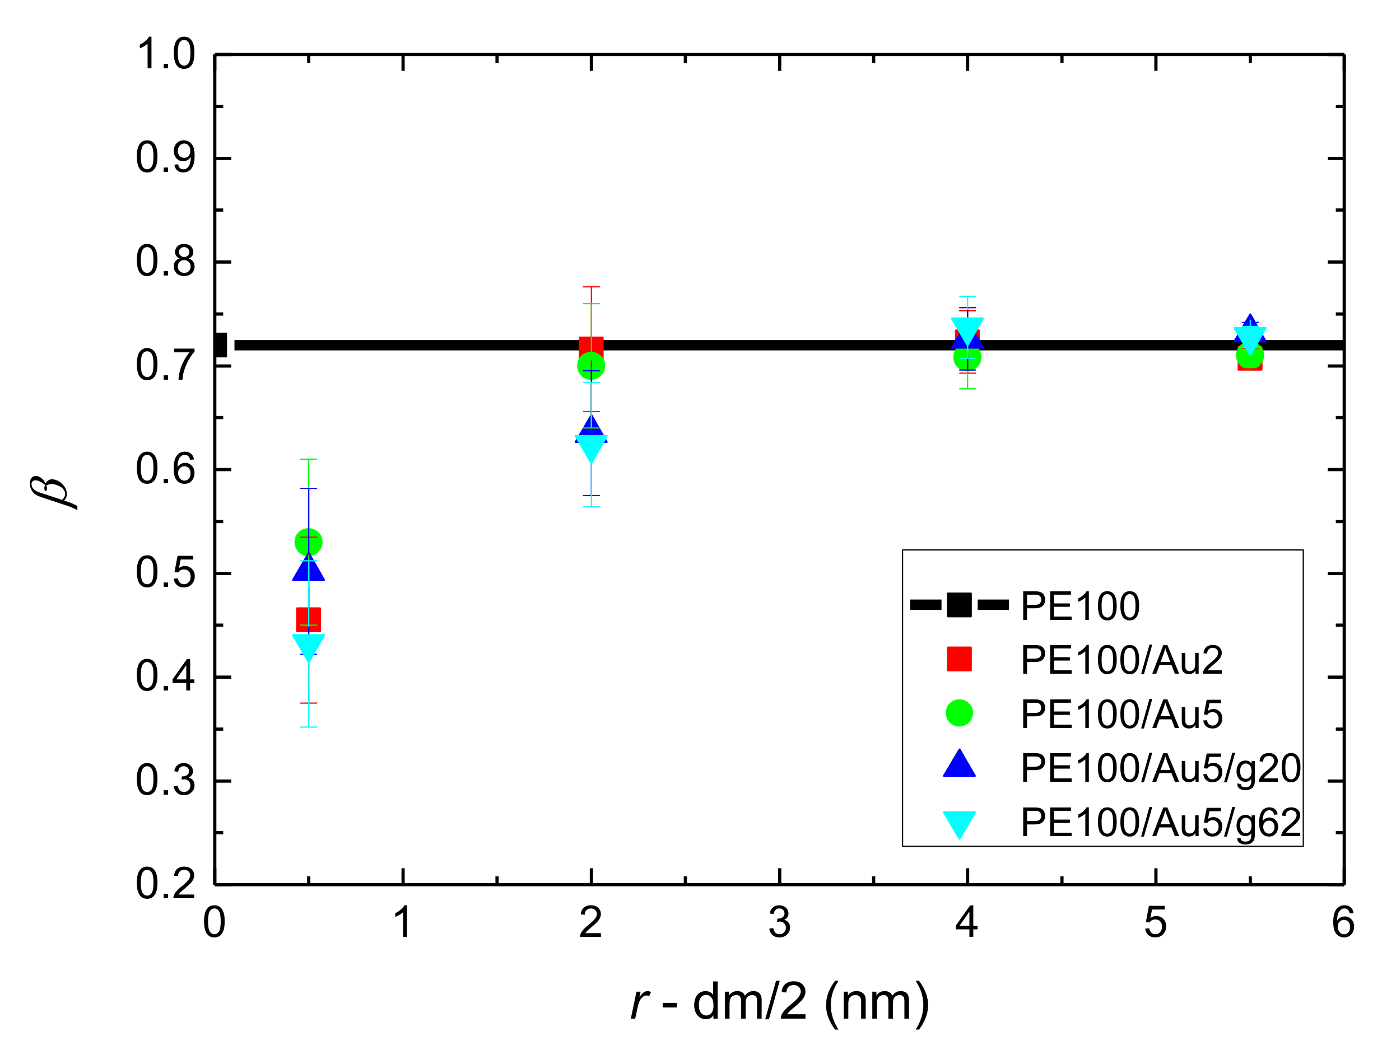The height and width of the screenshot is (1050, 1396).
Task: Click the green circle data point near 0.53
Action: click(x=309, y=542)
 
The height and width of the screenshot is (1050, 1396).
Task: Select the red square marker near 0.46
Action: click(x=309, y=620)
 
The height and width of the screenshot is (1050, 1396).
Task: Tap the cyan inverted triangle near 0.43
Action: click(x=309, y=646)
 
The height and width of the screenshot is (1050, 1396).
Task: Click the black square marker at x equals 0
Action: click(x=220, y=345)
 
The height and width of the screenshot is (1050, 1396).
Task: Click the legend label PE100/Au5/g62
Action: click(x=1161, y=823)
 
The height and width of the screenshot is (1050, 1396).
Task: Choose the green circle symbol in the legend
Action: click(x=959, y=713)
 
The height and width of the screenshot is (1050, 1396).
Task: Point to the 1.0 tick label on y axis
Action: click(x=165, y=54)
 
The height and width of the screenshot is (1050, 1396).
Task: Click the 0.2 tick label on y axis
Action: click(x=165, y=884)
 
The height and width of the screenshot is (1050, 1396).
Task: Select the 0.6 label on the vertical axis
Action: click(x=165, y=469)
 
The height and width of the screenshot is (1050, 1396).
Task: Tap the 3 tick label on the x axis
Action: click(x=779, y=922)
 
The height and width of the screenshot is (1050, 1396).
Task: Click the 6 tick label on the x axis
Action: click(x=1343, y=922)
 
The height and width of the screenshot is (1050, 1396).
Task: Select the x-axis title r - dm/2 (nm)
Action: click(x=779, y=1002)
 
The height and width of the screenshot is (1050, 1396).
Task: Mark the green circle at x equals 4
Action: click(x=967, y=358)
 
